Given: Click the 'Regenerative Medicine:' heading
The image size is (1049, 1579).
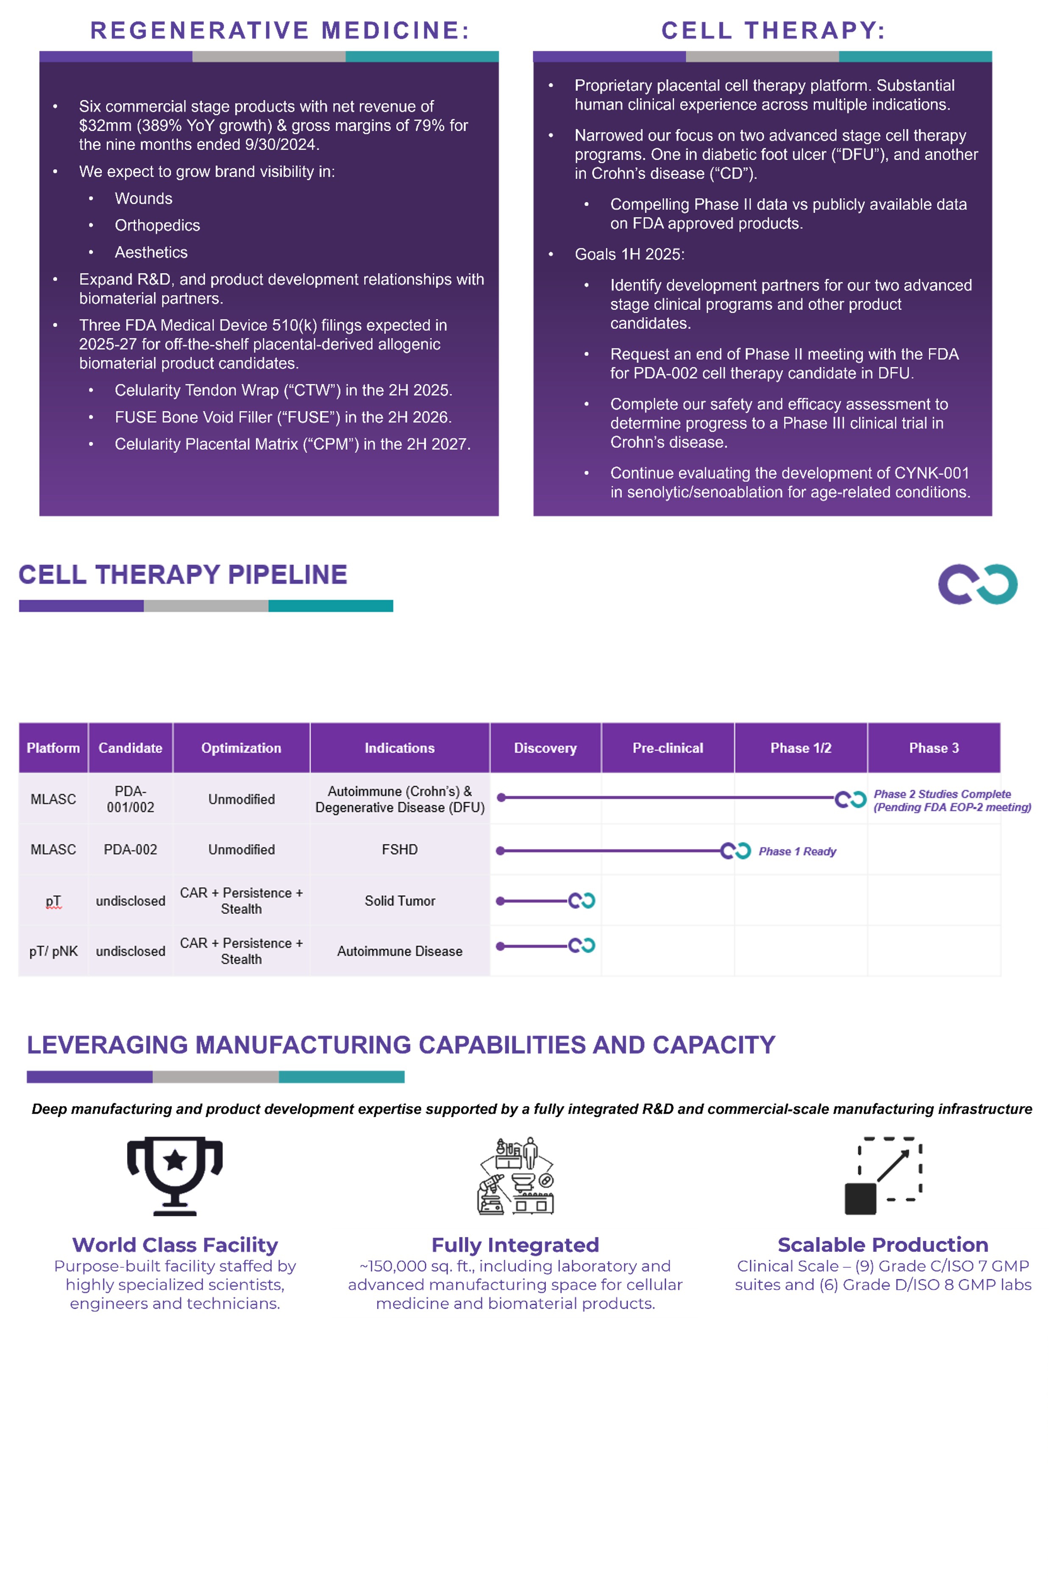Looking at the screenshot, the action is coord(280,31).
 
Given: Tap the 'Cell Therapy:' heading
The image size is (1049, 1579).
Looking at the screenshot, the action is coord(774,31).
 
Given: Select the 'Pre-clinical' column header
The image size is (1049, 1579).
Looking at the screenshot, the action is coord(668,748).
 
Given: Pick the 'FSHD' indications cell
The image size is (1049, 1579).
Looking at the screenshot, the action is coord(399,849).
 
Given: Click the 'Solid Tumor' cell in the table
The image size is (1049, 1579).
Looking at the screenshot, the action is coord(399,901).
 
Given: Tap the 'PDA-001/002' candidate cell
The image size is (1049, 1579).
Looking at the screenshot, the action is coord(131,799).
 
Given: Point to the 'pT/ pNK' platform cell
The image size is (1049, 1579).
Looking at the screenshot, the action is coord(53,951).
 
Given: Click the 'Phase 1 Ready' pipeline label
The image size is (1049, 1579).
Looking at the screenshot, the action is coord(797,851).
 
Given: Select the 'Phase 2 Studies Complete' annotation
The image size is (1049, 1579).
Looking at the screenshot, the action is coord(942,794).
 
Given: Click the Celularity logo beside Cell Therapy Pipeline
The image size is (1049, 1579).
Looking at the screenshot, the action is coord(977,584).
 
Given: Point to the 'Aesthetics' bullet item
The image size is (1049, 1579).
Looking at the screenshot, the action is coord(151,252).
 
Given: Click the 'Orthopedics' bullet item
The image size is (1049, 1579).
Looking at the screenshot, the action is coord(157,225).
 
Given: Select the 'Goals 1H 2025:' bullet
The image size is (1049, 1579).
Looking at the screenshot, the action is coord(629,254).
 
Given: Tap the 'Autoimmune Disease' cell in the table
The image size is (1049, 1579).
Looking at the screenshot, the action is coord(399,951).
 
